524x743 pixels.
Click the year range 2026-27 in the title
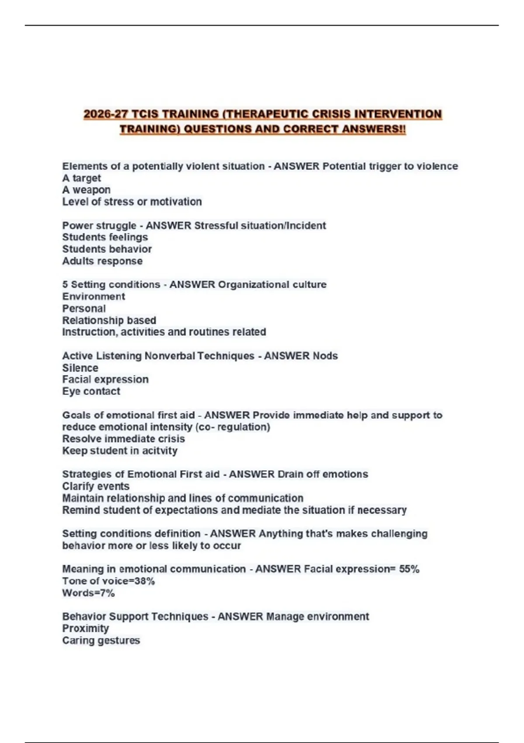pos(106,114)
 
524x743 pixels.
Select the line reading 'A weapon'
pos(86,190)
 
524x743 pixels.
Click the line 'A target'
pos(81,178)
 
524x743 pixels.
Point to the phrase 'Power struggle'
pos(99,226)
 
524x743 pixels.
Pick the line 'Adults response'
pos(102,261)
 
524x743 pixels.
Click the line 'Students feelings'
pos(105,237)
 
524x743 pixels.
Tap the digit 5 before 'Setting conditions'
pos(65,285)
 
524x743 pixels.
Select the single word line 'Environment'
pos(93,296)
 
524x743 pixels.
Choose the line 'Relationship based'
pos(109,320)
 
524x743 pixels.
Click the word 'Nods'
pos(325,356)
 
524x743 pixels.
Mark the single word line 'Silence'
pos(80,368)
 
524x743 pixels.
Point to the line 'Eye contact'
pos(91,391)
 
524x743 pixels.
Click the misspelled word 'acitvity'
pos(157,451)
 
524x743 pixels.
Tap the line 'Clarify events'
pos(96,486)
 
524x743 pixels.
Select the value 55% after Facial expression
pos(409,569)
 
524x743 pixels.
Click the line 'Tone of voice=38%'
pos(108,581)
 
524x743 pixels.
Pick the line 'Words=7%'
pos(88,593)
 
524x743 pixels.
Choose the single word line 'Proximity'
pos(85,628)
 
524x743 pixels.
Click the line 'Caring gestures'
pos(101,640)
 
